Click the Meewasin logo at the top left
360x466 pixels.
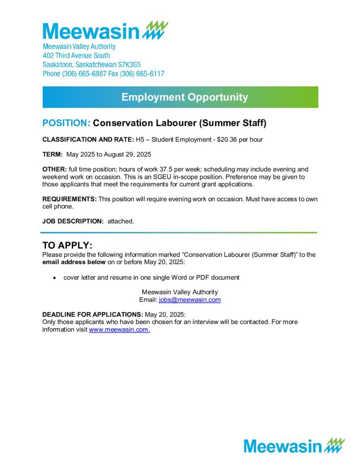coord(105,30)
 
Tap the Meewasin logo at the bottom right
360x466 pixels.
coord(294,446)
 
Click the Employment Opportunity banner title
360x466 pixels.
coord(185,97)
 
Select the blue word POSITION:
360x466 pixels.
coord(66,123)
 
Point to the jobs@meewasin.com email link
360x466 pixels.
coord(189,300)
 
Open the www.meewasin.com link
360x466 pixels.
coord(119,330)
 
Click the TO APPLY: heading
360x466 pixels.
coord(67,246)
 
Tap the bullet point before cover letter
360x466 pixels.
coord(55,277)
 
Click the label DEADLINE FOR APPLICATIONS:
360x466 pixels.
coord(92,315)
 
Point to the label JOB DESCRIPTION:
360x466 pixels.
coord(73,221)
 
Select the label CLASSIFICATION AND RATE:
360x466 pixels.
coord(88,139)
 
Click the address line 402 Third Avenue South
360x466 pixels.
coord(76,56)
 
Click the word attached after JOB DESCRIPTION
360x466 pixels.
coord(121,221)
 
